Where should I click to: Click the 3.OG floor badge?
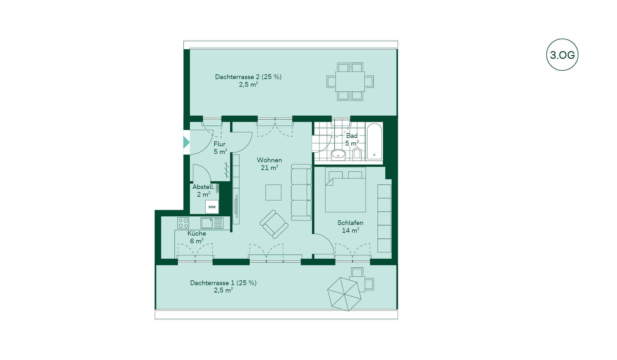[562, 55]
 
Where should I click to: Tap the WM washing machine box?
[212, 207]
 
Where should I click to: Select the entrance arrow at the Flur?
[186, 142]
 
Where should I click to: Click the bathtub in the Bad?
[374, 141]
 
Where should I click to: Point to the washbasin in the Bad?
[338, 155]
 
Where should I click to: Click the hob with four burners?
[183, 223]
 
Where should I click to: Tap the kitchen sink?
[212, 223]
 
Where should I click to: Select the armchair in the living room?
[274, 224]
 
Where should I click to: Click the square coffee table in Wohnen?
[273, 192]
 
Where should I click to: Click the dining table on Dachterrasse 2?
[350, 82]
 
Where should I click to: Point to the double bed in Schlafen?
[345, 190]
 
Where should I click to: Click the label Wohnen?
[269, 160]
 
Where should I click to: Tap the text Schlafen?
[350, 223]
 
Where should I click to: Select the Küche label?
[197, 233]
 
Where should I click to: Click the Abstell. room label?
[203, 187]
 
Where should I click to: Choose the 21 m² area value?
[269, 168]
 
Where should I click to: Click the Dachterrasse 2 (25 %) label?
[248, 77]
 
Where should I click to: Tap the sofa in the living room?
[301, 192]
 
